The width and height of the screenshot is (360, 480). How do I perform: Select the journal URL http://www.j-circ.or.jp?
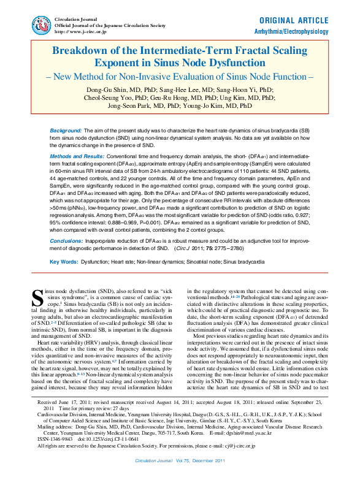[80, 31]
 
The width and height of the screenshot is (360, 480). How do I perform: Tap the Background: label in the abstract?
[66, 132]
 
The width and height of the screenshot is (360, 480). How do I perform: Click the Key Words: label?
[66, 262]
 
